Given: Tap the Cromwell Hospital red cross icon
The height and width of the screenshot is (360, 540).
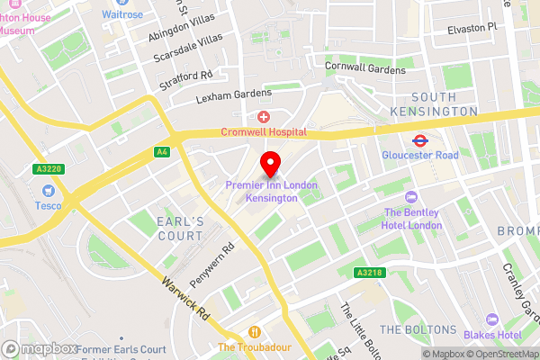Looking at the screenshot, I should click(x=264, y=117).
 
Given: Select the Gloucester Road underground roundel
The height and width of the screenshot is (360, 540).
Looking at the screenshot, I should click(x=419, y=140).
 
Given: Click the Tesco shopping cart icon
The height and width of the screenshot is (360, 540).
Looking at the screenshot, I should click(x=48, y=191).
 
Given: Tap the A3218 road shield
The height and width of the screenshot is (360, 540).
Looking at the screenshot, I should click(x=369, y=272).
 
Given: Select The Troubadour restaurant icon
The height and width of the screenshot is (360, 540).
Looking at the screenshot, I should click(x=256, y=331).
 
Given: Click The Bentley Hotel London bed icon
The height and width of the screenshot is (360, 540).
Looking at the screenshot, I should click(x=412, y=197).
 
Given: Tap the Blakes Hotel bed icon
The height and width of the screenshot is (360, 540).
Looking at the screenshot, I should click(x=491, y=319).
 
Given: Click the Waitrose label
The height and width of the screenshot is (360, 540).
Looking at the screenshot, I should click(x=121, y=14).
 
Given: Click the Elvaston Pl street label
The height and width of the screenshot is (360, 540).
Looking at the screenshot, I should click(x=472, y=28).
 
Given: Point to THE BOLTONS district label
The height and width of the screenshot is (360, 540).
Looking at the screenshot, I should click(x=418, y=330).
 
